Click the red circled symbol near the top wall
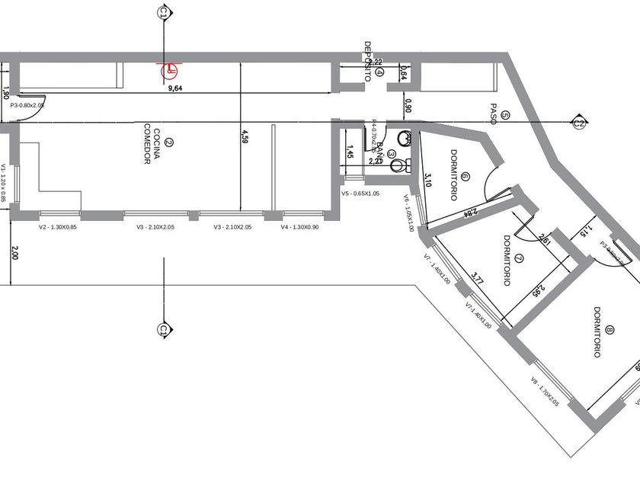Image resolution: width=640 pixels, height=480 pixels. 170,72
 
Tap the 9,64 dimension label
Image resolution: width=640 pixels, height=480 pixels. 175,88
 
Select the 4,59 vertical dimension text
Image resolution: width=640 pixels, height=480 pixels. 244,136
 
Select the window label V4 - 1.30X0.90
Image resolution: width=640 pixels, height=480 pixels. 299,227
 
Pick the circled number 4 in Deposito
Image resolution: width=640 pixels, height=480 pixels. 380,73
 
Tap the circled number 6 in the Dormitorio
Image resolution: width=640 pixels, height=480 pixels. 466,176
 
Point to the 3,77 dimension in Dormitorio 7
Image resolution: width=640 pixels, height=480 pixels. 477,277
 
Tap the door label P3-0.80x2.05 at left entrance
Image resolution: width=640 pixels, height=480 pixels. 22,106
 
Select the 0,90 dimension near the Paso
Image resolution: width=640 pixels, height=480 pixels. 408,107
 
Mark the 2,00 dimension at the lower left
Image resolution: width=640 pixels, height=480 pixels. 14,254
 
